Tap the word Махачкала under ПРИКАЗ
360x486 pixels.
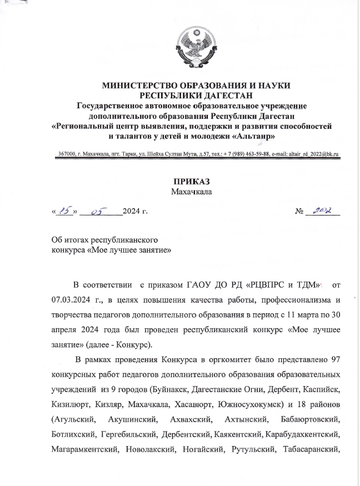coord(191,192)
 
